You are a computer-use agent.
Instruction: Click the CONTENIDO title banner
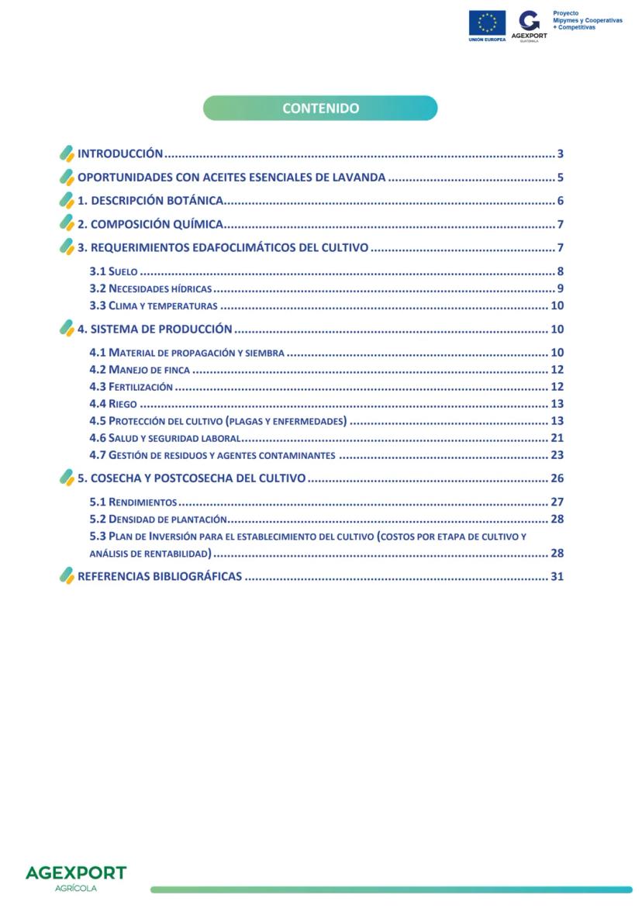[320, 109]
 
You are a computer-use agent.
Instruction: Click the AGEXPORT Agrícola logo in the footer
[76, 877]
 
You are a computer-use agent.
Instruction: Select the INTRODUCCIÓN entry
[120, 154]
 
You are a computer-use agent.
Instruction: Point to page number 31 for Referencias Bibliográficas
[557, 576]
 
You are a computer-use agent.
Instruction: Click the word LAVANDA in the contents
[359, 178]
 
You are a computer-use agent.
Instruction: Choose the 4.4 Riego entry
[113, 404]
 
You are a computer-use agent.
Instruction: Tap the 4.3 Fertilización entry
[131, 387]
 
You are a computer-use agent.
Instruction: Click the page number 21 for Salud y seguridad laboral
[557, 438]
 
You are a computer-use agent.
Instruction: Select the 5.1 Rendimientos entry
[133, 502]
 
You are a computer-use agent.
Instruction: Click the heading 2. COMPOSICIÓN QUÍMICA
[150, 225]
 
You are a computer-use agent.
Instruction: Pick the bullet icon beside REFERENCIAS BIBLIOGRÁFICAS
[67, 576]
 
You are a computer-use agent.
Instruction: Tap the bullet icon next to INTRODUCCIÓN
[67, 154]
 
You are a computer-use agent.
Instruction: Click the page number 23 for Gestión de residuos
[557, 455]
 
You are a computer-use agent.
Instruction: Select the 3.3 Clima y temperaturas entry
[154, 306]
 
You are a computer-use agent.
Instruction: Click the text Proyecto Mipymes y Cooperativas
[587, 20]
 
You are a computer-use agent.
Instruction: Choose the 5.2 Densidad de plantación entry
[158, 519]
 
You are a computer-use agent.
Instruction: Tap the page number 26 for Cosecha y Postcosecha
[557, 478]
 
